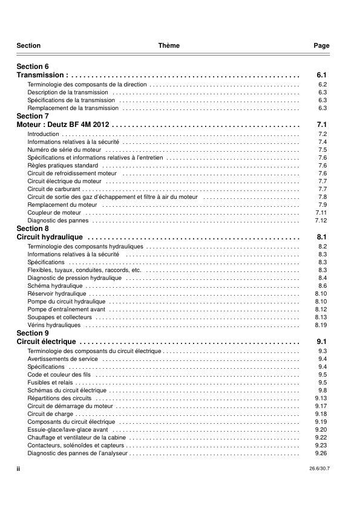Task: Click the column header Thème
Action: [x=169, y=46]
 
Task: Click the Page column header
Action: [x=321, y=46]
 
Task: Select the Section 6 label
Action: [x=33, y=66]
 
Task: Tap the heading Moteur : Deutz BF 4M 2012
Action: [x=62, y=125]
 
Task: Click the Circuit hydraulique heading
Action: [x=50, y=238]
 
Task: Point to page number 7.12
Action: [x=321, y=221]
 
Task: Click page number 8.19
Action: [x=321, y=325]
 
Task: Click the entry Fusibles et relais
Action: [x=50, y=383]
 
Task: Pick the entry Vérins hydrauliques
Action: [x=54, y=325]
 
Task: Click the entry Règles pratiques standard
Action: [x=63, y=166]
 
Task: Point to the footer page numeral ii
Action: [x=19, y=468]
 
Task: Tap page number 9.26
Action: [x=321, y=453]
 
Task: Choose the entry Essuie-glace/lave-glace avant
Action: [x=68, y=430]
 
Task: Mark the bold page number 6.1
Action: [x=322, y=75]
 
